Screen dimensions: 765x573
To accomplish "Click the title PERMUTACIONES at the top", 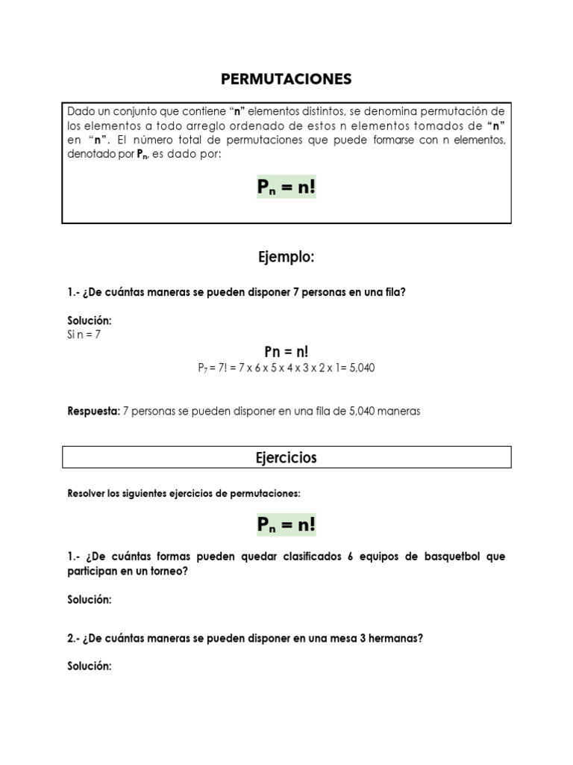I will click(286, 79).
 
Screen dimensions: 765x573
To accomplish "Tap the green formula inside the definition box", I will click(286, 188).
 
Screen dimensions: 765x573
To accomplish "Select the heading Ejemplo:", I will click(286, 258).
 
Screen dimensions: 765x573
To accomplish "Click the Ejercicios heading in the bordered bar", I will click(286, 457).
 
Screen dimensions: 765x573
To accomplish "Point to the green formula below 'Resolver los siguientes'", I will click(286, 525).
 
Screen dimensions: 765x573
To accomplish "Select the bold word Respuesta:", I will click(93, 412).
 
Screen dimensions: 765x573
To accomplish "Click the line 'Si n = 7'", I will click(84, 335).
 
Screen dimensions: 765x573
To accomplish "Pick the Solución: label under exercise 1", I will click(89, 600).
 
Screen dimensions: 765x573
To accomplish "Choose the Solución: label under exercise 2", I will click(89, 666).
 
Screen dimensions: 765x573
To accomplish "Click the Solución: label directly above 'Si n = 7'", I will click(89, 320).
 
